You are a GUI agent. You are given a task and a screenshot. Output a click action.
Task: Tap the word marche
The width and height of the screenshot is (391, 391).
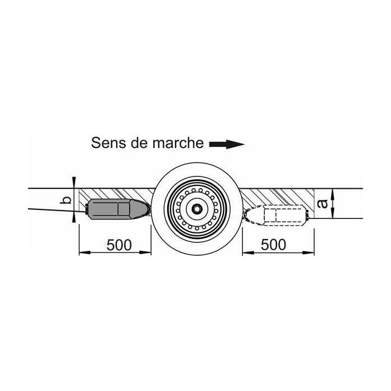point(178,143)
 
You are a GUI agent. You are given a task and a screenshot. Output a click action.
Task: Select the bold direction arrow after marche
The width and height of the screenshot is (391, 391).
point(226,144)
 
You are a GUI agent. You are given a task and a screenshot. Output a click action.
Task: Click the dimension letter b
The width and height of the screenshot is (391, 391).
point(66,200)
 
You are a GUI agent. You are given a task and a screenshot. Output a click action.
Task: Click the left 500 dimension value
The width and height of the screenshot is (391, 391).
point(119,245)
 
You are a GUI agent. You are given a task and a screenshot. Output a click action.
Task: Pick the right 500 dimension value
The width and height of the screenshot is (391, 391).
point(274,245)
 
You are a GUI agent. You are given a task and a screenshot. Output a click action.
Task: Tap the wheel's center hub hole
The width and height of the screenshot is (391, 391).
point(197,208)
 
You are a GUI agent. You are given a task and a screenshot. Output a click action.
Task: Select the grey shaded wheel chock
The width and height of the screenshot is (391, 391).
point(118,209)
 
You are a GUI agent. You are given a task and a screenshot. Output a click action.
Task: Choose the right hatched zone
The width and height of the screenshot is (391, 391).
point(277,197)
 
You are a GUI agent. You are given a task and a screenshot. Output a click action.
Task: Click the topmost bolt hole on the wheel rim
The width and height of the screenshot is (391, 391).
point(197,189)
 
